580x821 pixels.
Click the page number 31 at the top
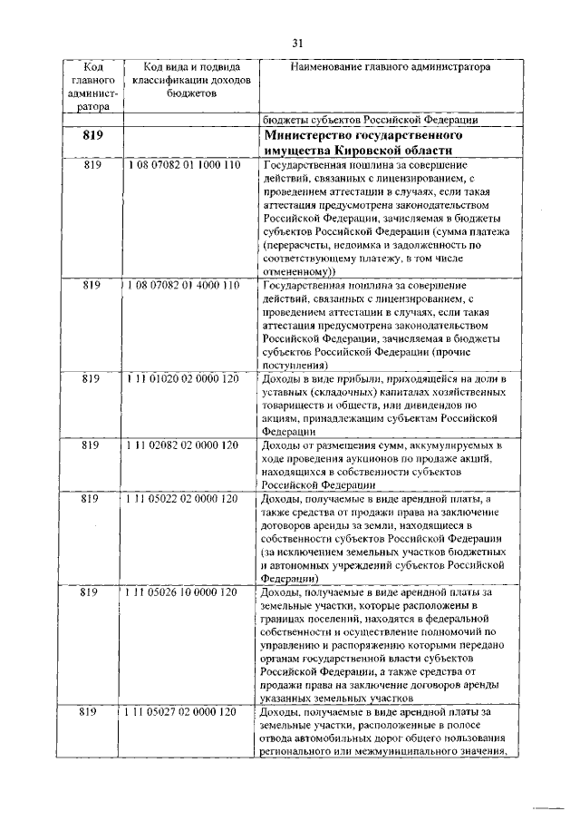coord(297,43)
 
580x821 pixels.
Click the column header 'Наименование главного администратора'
coord(391,67)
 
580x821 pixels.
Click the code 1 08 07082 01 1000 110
coord(184,166)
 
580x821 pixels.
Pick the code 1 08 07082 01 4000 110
coord(184,285)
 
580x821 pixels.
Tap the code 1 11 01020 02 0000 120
coord(184,377)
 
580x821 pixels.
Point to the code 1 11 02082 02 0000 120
coord(184,445)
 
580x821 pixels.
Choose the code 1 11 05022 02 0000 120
coord(184,498)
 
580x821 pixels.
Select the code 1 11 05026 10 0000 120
coord(184,591)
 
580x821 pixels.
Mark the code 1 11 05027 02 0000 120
coord(184,712)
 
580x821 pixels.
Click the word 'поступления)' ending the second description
coord(295,364)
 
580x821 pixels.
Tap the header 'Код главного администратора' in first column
coord(92,86)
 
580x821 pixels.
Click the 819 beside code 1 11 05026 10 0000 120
coord(91,591)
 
